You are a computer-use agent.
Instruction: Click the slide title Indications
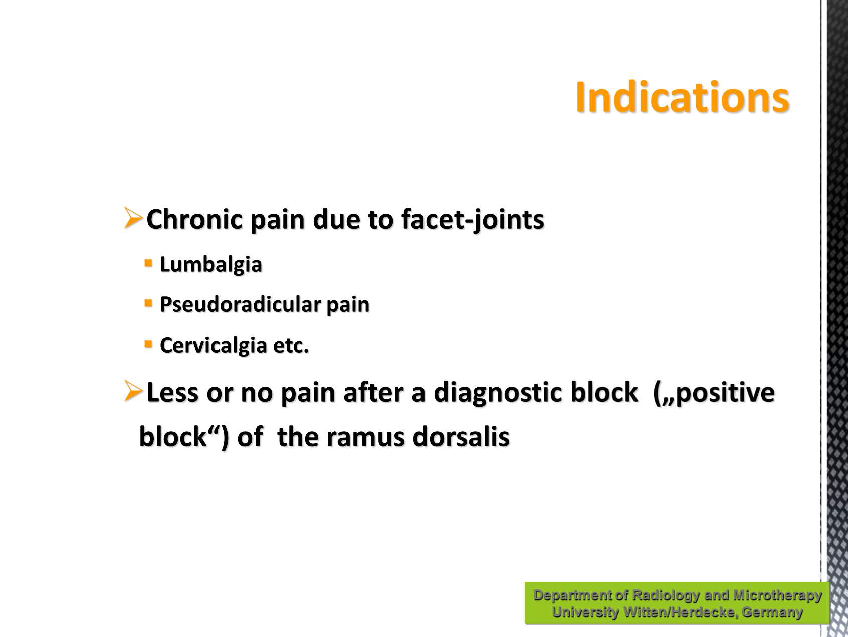(x=682, y=97)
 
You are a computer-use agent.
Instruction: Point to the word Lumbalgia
(x=211, y=265)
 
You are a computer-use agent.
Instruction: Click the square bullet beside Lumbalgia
(x=148, y=263)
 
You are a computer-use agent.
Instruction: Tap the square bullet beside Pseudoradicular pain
(x=148, y=303)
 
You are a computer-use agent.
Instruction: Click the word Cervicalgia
(x=214, y=346)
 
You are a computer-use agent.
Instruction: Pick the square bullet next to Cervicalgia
(x=148, y=344)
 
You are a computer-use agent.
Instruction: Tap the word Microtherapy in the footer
(x=777, y=595)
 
